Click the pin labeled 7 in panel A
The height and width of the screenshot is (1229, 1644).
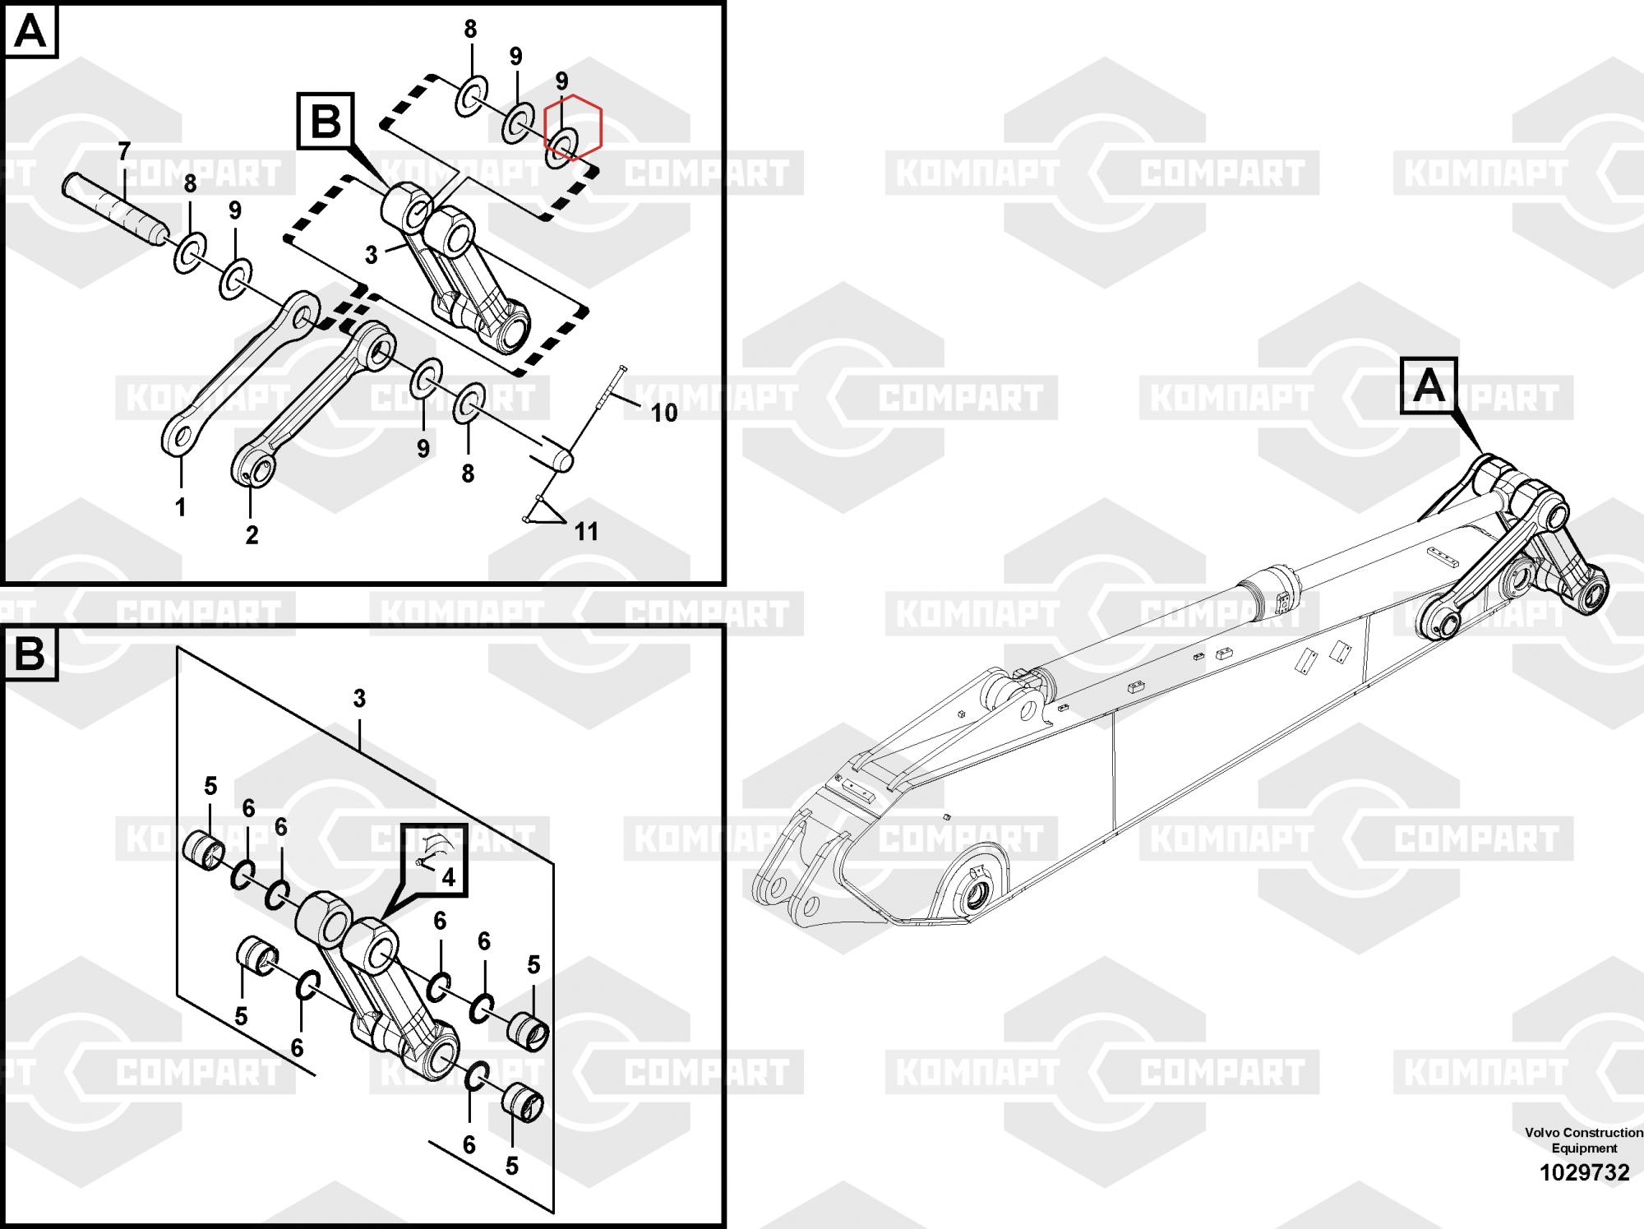[115, 210]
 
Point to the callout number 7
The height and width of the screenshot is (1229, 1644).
[124, 152]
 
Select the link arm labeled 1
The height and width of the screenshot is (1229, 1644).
[239, 374]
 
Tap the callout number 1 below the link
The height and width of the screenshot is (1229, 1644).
[181, 507]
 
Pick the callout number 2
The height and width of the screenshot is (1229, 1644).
[252, 535]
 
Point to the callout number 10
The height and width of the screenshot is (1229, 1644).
[664, 413]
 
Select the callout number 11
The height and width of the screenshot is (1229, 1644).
[586, 532]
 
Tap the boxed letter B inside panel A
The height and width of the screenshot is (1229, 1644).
[326, 122]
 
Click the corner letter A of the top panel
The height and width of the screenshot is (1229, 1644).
[31, 32]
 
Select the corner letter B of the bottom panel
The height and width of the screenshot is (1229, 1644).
[31, 655]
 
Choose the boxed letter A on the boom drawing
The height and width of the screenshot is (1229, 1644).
[1429, 385]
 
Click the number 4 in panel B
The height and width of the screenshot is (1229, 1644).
[448, 877]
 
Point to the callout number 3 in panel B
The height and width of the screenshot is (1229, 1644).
[359, 699]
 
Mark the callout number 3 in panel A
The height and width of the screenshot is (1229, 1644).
[372, 256]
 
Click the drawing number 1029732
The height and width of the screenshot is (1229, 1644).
[1584, 1172]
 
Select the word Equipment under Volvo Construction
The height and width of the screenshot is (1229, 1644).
[1584, 1148]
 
